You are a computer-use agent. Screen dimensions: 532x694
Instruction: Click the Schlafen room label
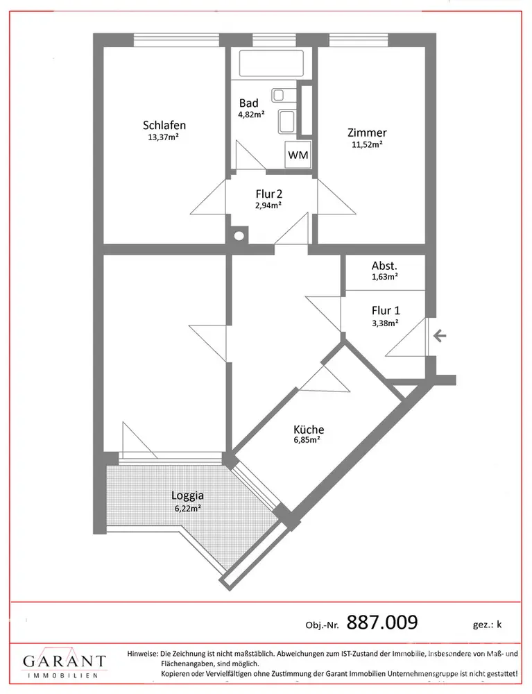tap(164, 126)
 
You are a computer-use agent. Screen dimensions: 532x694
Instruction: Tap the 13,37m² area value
tap(164, 137)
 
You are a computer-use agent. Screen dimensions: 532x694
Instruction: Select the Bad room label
tap(249, 103)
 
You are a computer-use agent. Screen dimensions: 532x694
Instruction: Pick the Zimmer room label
tap(367, 133)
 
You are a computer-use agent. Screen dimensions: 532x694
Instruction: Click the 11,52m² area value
tap(367, 144)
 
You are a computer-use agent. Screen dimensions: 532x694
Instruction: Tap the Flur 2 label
tap(269, 194)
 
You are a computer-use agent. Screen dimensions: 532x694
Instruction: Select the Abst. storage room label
tap(384, 265)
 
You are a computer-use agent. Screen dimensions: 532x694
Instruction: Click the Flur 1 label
tap(386, 311)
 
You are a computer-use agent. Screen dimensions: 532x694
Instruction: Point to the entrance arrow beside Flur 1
tap(439, 337)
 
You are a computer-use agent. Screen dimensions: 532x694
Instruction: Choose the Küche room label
tap(308, 429)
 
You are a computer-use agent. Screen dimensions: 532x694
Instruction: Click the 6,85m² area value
tap(308, 439)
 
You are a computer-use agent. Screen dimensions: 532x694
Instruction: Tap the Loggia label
tap(187, 496)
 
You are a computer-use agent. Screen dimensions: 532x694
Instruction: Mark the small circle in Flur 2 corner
tap(239, 235)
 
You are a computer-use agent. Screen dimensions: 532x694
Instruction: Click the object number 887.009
tap(381, 622)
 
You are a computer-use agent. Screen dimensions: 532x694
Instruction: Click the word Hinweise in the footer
tap(142, 654)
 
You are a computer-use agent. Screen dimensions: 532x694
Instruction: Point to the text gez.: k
tap(486, 624)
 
